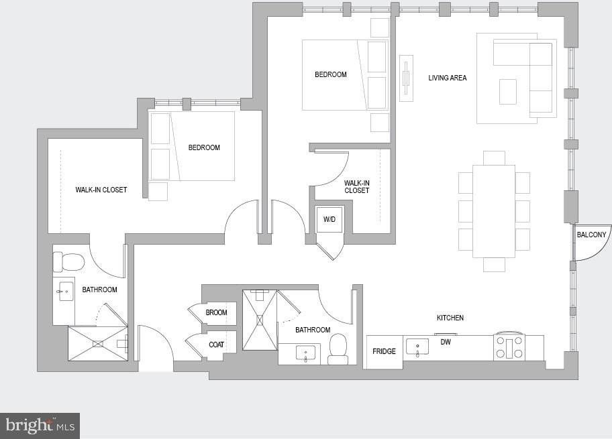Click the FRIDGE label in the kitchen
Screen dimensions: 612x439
click(384, 351)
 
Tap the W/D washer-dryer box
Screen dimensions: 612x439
click(329, 220)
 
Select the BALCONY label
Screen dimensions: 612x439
click(591, 235)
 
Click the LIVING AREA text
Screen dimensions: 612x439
click(448, 78)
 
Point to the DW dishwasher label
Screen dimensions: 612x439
click(446, 342)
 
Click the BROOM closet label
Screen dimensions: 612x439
click(216, 312)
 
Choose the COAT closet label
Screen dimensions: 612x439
click(216, 344)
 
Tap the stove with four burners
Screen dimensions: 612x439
click(509, 348)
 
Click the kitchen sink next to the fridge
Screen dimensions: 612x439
click(417, 347)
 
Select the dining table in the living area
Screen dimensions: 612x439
click(494, 211)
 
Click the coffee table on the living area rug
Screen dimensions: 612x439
click(508, 92)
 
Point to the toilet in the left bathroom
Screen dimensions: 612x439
click(68, 261)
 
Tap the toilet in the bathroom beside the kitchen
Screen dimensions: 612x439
click(338, 349)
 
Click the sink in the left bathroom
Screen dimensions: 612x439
click(63, 292)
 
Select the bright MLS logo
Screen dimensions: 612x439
click(40, 425)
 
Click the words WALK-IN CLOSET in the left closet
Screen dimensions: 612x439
click(101, 190)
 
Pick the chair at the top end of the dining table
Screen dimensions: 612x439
click(494, 158)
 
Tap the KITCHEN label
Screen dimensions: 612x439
click(450, 318)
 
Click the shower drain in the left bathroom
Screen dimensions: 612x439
click(98, 343)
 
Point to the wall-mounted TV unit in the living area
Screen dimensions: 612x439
click(406, 78)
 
